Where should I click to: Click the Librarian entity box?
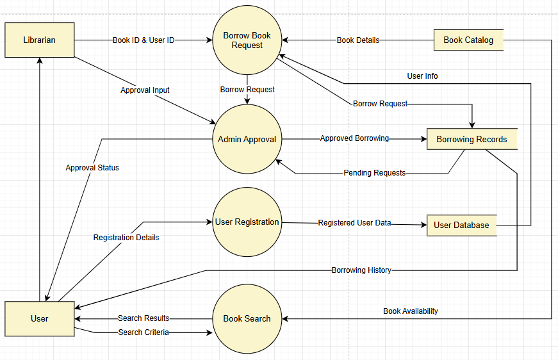click(x=40, y=40)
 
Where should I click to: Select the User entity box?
click(x=40, y=318)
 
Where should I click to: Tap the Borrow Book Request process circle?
click(x=247, y=40)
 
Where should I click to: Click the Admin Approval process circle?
click(x=247, y=139)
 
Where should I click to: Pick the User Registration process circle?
click(x=247, y=222)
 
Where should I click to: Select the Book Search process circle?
click(x=247, y=318)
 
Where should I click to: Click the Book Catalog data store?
click(x=468, y=40)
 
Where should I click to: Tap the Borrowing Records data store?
click(x=472, y=139)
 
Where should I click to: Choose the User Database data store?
click(x=461, y=225)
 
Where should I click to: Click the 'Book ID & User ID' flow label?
click(x=144, y=40)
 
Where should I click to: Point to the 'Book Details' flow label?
click(x=358, y=40)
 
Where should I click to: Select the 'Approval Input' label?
click(x=145, y=90)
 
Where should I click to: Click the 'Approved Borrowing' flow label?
click(x=354, y=138)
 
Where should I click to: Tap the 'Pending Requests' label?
click(x=374, y=173)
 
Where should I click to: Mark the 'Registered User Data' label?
click(x=354, y=223)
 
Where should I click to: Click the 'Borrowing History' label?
click(x=361, y=270)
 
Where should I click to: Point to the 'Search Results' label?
click(x=144, y=318)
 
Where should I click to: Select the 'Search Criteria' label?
click(x=144, y=332)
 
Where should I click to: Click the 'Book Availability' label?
click(x=411, y=311)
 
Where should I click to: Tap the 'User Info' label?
click(x=423, y=76)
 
